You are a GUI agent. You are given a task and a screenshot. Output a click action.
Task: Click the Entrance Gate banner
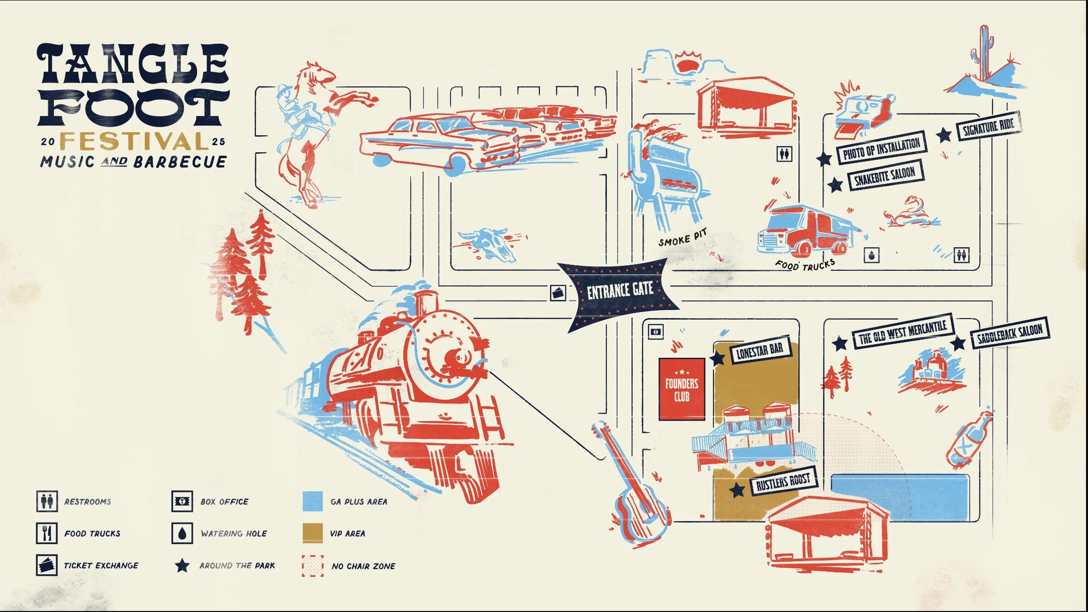[620, 290]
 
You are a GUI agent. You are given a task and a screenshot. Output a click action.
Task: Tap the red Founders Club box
[682, 389]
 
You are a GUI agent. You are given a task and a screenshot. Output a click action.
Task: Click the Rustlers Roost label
[783, 482]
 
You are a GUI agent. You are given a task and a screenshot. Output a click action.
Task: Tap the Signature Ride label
[988, 126]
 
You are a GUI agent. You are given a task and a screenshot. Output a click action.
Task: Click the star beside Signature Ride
[944, 135]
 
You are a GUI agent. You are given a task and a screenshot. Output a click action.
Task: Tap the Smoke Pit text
[682, 238]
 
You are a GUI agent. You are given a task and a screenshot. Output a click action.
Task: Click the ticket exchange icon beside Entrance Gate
[558, 292]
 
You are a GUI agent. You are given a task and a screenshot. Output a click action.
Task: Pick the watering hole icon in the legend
[182, 533]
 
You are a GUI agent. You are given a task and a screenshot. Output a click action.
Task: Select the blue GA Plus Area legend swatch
[313, 501]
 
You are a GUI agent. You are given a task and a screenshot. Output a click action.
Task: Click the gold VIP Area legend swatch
[313, 533]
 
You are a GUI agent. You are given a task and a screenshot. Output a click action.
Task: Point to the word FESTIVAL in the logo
[134, 142]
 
